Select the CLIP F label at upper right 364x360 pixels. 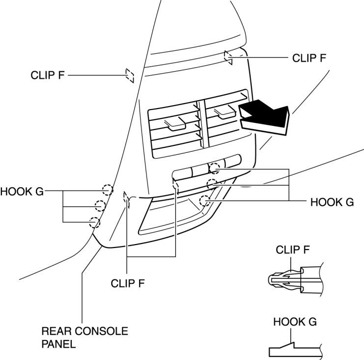pos(309,57)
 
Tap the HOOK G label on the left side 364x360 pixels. pos(22,191)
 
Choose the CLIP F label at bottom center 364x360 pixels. pos(128,283)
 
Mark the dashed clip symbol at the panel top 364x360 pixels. pos(228,56)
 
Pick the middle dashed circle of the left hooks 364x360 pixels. pos(100,206)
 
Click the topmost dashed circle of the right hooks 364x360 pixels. pos(215,168)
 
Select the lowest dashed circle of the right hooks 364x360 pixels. pos(205,199)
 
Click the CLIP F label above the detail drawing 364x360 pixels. pos(292,249)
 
